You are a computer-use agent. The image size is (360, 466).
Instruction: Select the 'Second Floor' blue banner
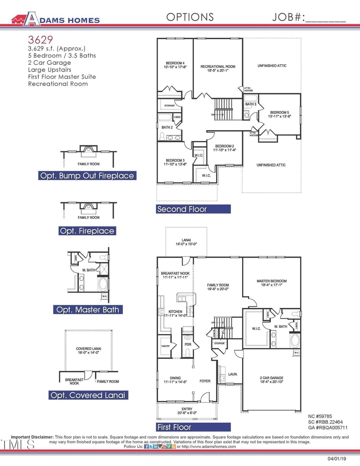point(193,209)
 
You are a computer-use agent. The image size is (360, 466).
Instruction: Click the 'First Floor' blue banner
point(193,427)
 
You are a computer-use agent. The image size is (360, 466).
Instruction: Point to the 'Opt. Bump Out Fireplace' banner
point(87,176)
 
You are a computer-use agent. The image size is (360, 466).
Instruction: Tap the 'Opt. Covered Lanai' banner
point(87,395)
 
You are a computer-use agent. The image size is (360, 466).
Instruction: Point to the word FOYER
point(205,381)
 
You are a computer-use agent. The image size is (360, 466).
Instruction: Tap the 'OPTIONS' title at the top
point(190,17)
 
